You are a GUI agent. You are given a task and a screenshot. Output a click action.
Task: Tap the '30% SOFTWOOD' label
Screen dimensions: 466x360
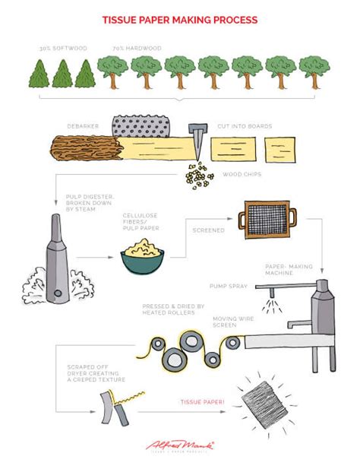[58, 49]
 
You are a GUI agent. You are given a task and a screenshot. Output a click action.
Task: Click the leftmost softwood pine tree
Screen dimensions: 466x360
[39, 74]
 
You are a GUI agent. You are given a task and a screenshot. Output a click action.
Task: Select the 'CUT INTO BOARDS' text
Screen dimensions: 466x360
[245, 125]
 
